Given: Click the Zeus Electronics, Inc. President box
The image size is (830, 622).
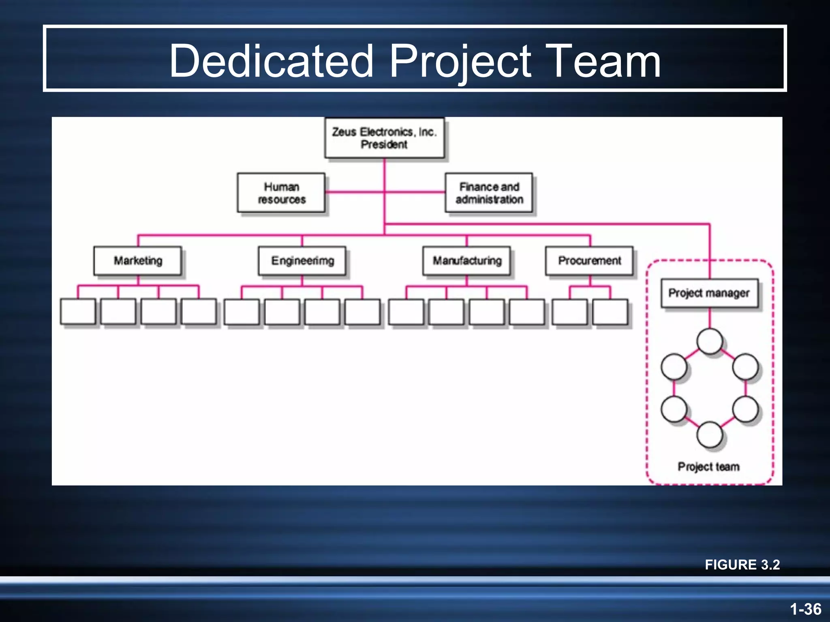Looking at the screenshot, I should [x=384, y=138].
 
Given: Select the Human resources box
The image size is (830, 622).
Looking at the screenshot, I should [x=281, y=193].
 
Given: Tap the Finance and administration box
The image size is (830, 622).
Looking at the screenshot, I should [x=489, y=193].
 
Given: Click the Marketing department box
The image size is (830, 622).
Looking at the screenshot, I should [x=138, y=261].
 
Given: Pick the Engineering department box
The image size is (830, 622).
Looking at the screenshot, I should [x=302, y=261].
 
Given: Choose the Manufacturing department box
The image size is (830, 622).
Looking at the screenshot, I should [x=467, y=261].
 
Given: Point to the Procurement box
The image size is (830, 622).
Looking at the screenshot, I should [x=589, y=261].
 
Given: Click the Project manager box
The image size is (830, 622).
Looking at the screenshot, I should [x=709, y=293].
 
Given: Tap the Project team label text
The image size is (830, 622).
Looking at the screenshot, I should [x=708, y=466].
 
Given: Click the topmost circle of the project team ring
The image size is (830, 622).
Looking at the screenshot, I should [x=709, y=341].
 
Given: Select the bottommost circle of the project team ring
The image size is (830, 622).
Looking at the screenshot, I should [x=709, y=435].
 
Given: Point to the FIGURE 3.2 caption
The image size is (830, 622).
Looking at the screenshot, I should [x=742, y=564].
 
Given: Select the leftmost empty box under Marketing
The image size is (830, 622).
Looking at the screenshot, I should [x=78, y=311].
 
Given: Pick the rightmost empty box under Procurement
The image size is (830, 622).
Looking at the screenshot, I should [x=610, y=312].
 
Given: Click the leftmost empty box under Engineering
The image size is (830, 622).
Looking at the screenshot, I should [x=242, y=312].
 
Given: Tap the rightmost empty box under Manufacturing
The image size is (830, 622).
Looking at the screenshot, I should [x=527, y=312].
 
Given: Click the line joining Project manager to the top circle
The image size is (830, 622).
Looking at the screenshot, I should [x=710, y=318].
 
